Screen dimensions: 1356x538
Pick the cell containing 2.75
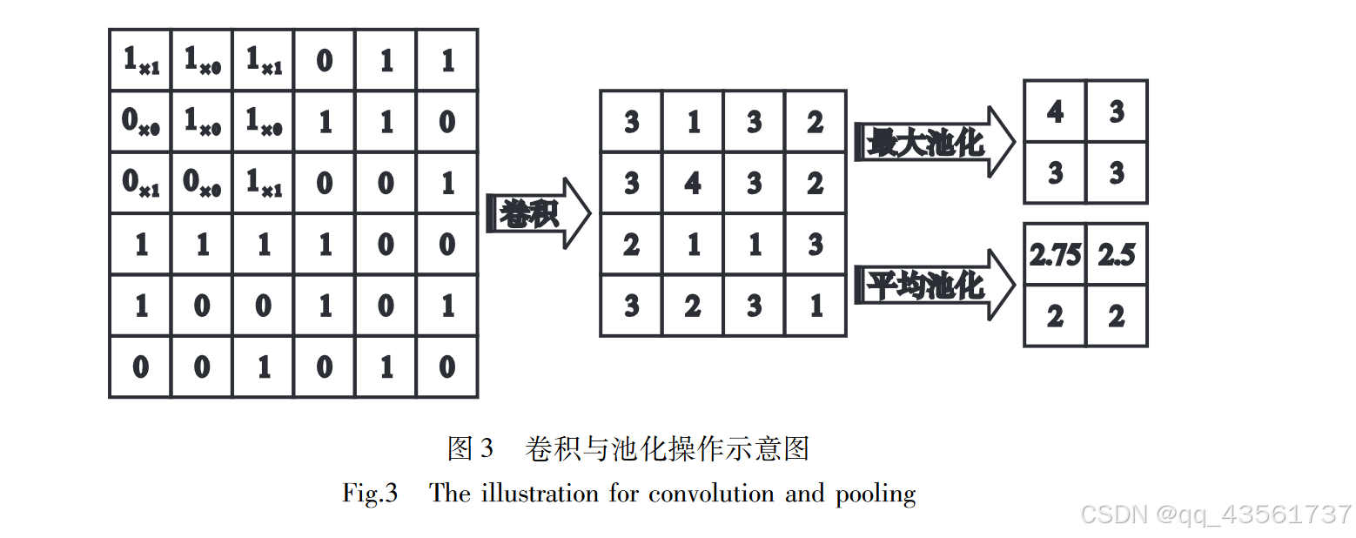point(1055,255)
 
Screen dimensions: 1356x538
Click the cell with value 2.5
point(1117,255)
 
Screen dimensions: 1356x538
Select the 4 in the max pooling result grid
point(1055,111)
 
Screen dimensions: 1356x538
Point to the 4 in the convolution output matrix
point(693,184)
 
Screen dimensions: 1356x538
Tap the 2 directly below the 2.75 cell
point(1055,316)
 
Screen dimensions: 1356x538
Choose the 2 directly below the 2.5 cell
point(1117,316)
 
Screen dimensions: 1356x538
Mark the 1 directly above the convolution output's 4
point(693,122)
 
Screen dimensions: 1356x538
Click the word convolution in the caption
point(711,494)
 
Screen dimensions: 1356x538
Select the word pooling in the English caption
point(876,494)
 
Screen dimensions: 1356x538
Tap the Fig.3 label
point(370,494)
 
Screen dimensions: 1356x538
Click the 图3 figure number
point(470,448)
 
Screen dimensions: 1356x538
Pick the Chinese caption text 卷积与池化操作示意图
point(668,448)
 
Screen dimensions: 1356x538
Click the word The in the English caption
point(450,494)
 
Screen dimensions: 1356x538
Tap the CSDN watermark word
point(1115,514)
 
